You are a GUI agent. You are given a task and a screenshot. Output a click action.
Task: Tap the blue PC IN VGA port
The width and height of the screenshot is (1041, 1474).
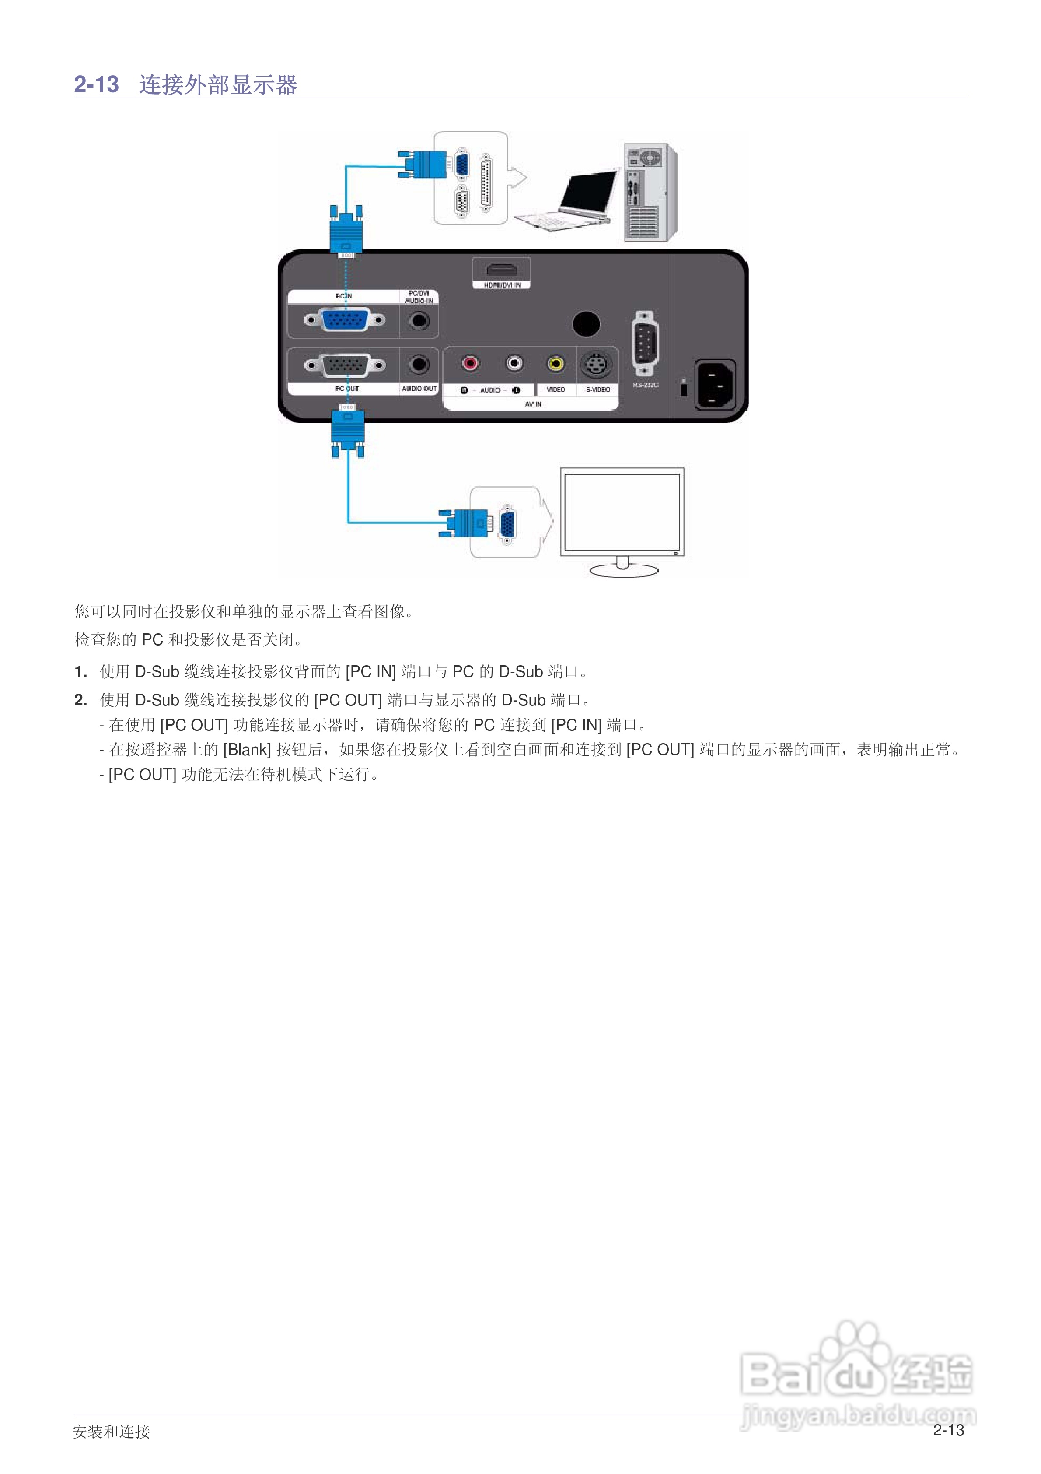point(345,320)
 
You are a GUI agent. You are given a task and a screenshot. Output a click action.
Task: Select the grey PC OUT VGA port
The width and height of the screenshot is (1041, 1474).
point(345,365)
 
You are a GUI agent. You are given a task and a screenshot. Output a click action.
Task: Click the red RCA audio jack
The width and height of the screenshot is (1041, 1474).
point(471,363)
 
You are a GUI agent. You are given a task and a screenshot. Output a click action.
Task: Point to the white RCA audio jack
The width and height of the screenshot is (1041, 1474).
point(514,363)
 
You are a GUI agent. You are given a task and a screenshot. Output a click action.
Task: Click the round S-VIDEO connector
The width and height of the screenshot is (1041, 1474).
point(596,365)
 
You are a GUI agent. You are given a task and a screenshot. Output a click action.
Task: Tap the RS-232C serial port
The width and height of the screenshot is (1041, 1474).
point(644,342)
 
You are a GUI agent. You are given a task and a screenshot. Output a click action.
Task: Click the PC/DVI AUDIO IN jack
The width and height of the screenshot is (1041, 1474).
point(419,320)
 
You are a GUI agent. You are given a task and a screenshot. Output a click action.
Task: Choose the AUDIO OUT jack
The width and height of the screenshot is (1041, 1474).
point(419,365)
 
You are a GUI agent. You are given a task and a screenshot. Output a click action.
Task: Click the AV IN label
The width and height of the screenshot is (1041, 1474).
point(533,404)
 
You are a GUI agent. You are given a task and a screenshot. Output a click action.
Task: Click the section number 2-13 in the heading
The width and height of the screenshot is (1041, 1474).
point(96,84)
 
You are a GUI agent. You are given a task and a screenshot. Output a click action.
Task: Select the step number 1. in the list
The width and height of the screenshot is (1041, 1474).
point(80,672)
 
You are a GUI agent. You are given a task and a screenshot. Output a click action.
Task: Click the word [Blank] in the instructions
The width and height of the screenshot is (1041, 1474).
point(246,750)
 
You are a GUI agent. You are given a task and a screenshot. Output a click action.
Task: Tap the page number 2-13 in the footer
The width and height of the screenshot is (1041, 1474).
point(948,1430)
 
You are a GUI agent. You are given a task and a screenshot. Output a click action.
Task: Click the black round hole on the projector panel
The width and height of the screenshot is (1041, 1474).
point(586,324)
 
